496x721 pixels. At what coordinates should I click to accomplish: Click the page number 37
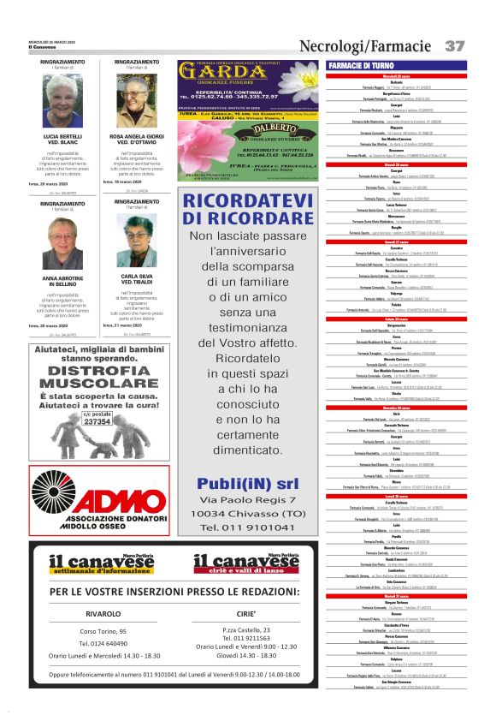pyautogui.click(x=455, y=45)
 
